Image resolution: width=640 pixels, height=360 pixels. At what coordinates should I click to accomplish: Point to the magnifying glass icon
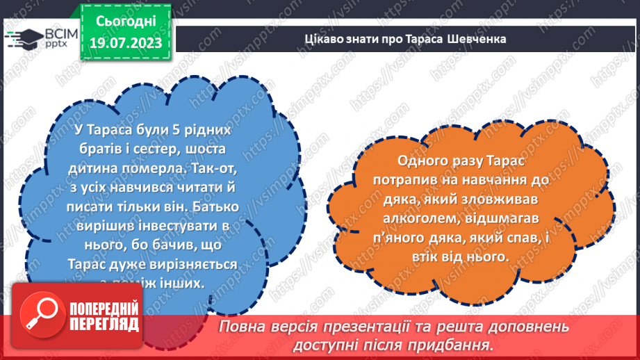pyautogui.click(x=40, y=313)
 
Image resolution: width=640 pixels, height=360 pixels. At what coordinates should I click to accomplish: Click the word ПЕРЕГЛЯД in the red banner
pyautogui.click(x=104, y=323)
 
